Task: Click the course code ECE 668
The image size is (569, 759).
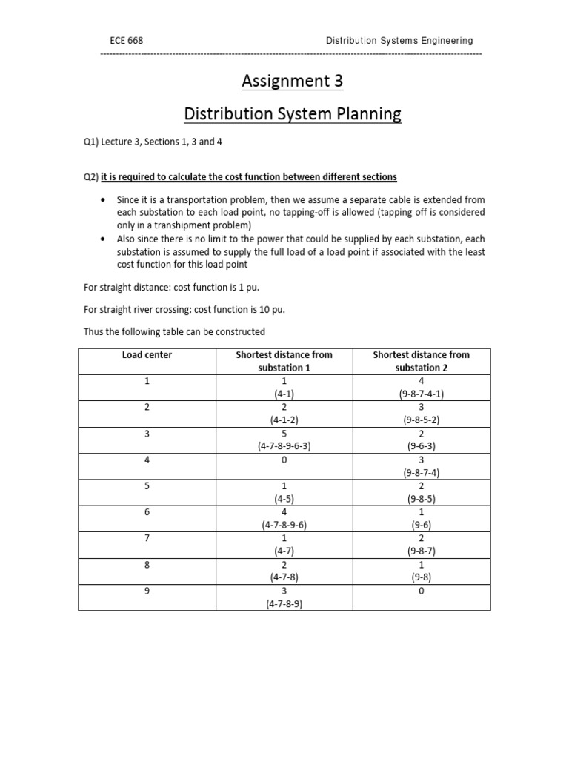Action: pos(126,41)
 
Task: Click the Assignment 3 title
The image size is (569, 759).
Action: pos(292,82)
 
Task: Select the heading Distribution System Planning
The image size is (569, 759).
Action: pos(292,114)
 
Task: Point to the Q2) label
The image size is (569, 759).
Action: pos(91,177)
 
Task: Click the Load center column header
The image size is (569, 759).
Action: pos(147,355)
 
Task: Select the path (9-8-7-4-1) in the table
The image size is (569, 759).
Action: pos(422,394)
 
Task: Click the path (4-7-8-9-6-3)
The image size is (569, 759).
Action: pos(284,447)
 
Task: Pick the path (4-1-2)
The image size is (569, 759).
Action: pos(284,420)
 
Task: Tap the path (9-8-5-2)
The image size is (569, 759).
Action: pos(422,420)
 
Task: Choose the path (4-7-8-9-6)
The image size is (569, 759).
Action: pos(284,525)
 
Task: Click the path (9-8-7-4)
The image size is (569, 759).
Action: pos(422,473)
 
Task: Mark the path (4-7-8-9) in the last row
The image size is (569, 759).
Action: pos(284,604)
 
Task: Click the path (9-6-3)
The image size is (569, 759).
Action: pos(422,447)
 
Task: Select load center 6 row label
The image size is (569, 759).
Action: pos(147,512)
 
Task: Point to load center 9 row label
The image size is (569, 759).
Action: pos(147,591)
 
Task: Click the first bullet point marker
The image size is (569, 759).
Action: pos(102,201)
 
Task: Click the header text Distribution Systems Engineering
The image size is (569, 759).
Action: pos(399,41)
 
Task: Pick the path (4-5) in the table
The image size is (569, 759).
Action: pos(284,499)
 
